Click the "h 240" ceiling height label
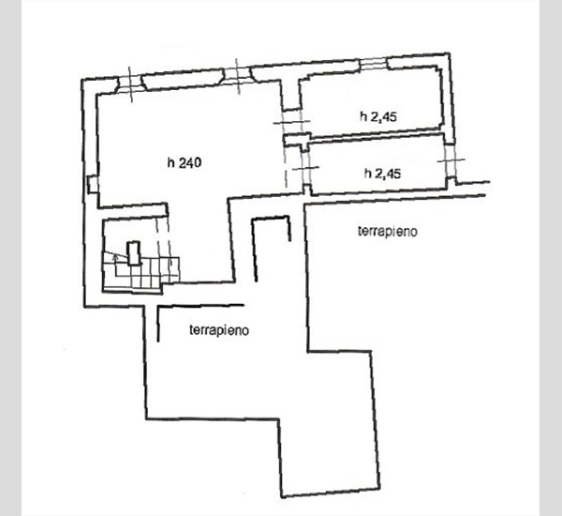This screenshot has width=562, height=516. pos(185,162)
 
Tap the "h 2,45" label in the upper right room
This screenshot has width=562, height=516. pos(378,116)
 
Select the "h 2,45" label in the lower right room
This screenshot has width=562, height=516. pos(382,174)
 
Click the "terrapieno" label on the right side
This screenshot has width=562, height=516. pos(388,231)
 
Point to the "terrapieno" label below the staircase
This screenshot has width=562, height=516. pos(219,330)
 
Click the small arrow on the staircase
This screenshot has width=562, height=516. pos(115,256)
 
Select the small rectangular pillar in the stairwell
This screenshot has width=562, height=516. pos(134,253)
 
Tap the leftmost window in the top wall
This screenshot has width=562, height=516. pos(130,83)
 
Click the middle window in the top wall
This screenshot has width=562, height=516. pos(237,76)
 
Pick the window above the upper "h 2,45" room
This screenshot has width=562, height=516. pos(374,64)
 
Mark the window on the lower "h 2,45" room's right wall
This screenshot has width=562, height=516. pos(451,160)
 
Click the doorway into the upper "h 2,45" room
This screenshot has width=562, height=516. pos(291,122)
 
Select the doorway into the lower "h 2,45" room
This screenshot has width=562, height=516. pos(305,168)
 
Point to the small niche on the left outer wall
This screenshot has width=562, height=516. pos(93,184)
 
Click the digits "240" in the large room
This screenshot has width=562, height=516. pos(190,162)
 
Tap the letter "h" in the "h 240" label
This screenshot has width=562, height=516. pos(171,162)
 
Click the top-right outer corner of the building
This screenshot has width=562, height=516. pos(449,53)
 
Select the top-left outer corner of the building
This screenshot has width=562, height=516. pos(82,80)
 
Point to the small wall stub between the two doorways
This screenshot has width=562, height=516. pos(297,140)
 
